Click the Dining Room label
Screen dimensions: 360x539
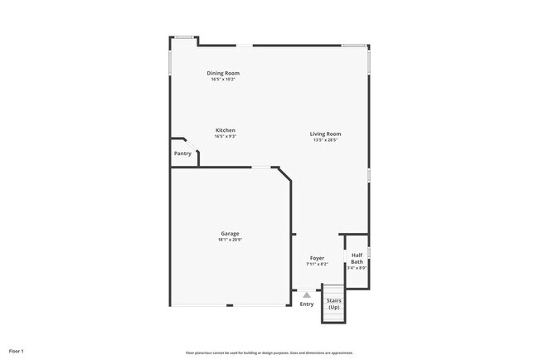coord(223,73)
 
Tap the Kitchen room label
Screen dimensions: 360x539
coord(226,130)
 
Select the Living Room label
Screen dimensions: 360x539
coord(326,134)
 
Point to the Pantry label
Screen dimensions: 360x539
coord(182,153)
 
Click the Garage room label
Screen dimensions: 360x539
coord(230,234)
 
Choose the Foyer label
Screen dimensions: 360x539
coord(317,258)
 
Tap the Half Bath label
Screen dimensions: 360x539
coord(357,258)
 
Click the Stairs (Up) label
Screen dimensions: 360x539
coord(333,304)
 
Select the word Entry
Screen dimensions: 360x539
coord(307,304)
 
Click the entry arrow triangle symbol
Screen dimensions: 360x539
coord(307,294)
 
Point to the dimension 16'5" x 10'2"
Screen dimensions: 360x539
coord(223,80)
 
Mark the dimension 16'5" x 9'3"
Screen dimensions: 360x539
coord(226,137)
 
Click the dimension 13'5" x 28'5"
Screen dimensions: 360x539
coord(326,140)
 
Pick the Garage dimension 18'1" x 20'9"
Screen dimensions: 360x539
coord(230,241)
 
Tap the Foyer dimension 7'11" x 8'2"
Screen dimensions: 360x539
coord(317,265)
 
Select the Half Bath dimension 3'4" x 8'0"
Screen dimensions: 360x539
coord(357,268)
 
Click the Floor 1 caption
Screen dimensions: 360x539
coord(17,351)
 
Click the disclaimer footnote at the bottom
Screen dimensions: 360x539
coord(269,352)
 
